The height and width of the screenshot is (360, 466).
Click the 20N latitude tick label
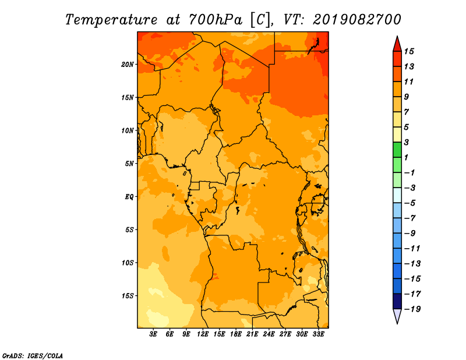coord(128,65)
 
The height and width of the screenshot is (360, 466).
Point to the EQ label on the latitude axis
coord(129,197)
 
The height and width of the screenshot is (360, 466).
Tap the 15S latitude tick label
coord(128,296)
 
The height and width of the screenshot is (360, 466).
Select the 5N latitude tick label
coord(129,164)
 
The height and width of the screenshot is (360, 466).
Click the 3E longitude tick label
coord(153,334)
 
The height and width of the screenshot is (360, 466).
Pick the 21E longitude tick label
coord(252,334)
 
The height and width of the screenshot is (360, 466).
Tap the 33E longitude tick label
coord(318,334)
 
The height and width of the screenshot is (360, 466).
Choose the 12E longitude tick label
coord(202,334)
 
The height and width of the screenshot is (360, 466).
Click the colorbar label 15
coord(409,51)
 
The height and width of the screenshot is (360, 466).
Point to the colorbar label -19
coord(412,309)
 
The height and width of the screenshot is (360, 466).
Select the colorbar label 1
coord(406,157)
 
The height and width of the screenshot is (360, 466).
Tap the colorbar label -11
coord(412,249)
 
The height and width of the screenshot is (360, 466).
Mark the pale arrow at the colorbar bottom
coord(397,316)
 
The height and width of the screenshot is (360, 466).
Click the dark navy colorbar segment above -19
coord(397,301)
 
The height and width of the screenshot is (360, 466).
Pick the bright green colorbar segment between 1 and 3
coord(397,150)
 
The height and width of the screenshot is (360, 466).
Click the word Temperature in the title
coord(111,20)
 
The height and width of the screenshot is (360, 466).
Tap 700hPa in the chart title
coord(216,20)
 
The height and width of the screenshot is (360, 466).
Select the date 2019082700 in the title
coord(357,20)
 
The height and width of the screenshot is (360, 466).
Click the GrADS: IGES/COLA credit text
coord(33,356)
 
